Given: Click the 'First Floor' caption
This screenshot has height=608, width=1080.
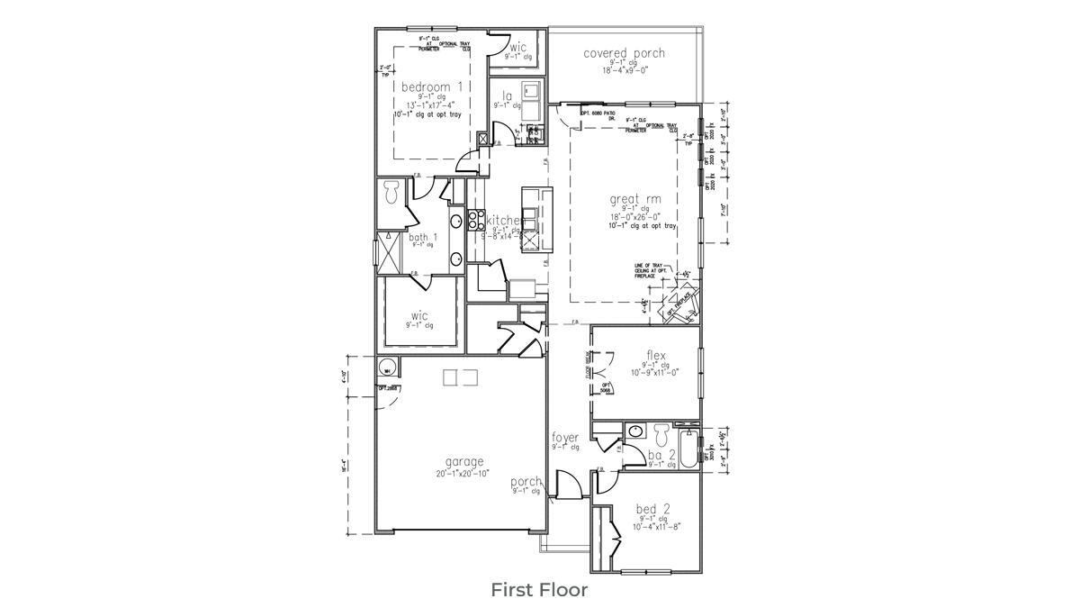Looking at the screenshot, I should (539, 590).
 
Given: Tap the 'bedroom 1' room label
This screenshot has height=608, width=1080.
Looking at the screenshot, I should (431, 87).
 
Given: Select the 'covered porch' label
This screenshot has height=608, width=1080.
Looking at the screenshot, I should (624, 53).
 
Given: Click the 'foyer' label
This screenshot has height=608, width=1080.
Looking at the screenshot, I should (565, 438).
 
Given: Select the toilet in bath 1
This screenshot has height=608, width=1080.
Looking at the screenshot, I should (391, 192).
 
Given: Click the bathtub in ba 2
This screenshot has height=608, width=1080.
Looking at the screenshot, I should (689, 449).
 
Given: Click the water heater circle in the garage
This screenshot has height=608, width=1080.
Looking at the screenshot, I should (386, 368).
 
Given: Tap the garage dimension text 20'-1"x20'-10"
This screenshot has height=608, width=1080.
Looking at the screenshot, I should (463, 473).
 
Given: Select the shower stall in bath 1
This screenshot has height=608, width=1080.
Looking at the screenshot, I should (391, 252).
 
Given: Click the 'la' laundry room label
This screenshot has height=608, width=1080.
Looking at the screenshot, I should (508, 95).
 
